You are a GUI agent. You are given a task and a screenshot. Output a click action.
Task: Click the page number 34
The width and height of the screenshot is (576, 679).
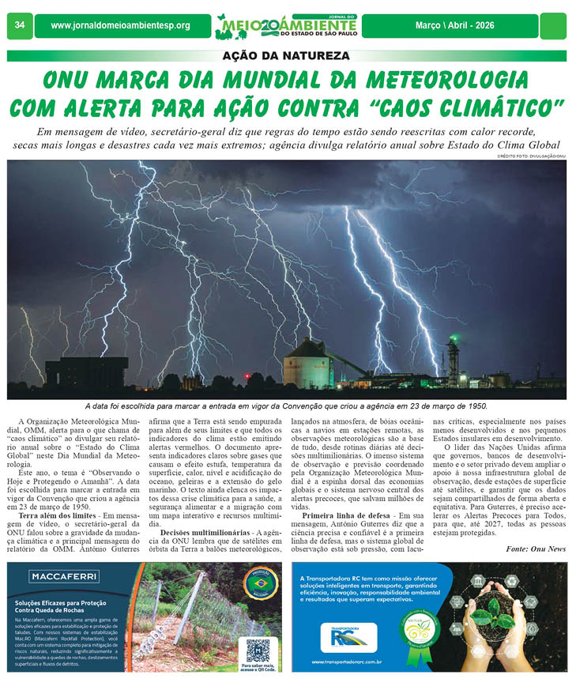pos(19,25)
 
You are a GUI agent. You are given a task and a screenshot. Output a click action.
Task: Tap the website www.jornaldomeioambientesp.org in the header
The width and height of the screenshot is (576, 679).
pos(120,25)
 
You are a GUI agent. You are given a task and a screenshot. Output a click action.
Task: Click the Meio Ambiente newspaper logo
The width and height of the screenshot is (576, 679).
pos(287,25)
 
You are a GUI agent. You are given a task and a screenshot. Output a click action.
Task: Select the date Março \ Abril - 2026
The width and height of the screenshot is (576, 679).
pos(454,25)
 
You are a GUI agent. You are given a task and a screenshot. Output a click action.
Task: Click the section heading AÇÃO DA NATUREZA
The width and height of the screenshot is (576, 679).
pos(286,57)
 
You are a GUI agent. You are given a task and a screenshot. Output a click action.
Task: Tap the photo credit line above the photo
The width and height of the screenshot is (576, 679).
pos(531,157)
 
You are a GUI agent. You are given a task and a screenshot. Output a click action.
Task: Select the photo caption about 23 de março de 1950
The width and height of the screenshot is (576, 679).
pos(286,406)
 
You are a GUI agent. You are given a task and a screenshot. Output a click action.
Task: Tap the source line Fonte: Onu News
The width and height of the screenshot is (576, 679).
pos(536,549)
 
